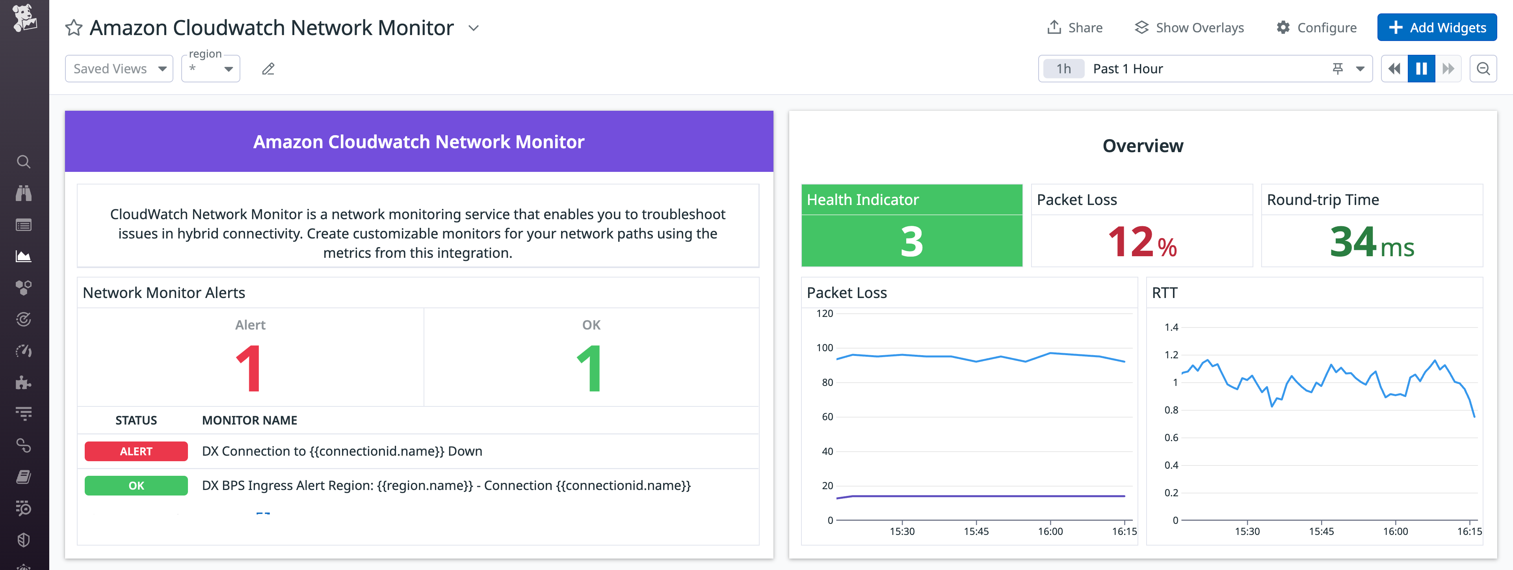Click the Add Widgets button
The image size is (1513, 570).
[1437, 28]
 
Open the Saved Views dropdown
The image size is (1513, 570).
[119, 69]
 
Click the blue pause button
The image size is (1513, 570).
[1421, 69]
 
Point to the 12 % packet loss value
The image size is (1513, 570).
[1142, 242]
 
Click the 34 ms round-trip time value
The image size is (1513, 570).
[1372, 242]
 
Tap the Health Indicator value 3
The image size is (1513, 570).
[912, 242]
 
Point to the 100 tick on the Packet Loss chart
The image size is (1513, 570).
[825, 348]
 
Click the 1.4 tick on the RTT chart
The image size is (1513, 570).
[1171, 327]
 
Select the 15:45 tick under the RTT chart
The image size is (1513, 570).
[1321, 531]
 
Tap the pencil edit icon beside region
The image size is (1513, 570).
[268, 69]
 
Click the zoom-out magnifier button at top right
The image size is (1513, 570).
[1483, 69]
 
